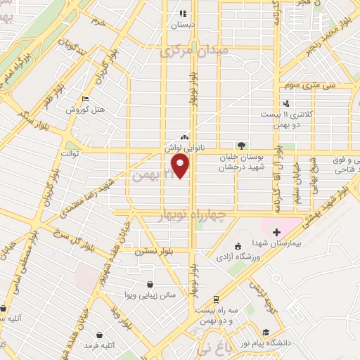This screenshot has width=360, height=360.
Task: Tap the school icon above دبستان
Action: click(183, 13)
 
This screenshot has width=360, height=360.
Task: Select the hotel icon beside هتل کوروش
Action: click(86, 99)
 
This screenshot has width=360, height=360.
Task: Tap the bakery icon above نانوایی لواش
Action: click(184, 137)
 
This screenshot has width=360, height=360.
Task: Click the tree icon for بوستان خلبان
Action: click(242, 145)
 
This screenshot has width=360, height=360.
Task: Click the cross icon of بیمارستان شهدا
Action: click(276, 232)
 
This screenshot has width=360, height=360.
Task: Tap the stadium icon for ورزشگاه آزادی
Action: click(237, 245)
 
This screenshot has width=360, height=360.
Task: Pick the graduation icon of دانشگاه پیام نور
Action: click(266, 333)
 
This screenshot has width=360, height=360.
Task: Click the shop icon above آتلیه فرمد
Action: click(99, 334)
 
